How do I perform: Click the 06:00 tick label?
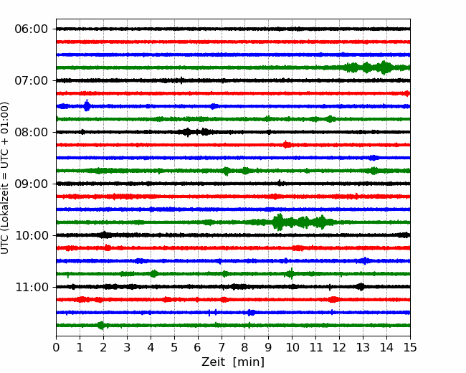tap(32, 29)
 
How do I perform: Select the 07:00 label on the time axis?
tap(32, 80)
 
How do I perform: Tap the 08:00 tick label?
tap(32, 133)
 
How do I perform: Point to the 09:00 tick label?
tap(32, 184)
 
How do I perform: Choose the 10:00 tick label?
tap(32, 235)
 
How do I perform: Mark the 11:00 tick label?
tap(32, 288)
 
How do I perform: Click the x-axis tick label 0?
tap(56, 347)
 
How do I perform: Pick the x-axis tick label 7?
tap(222, 347)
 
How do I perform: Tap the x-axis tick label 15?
tap(410, 347)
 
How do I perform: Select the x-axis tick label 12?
tap(339, 347)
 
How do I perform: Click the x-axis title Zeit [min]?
tap(233, 362)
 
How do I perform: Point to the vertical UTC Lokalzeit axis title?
tap(5, 178)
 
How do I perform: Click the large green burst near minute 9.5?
tap(278, 222)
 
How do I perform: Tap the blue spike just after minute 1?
tap(87, 105)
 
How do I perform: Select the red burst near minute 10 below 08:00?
tap(287, 145)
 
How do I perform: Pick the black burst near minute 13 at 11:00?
tap(361, 287)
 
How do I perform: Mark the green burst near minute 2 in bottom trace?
tap(101, 326)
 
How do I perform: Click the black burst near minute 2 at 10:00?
tap(105, 235)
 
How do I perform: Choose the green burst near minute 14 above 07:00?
tap(384, 67)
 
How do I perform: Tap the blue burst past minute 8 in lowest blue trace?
tap(251, 312)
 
